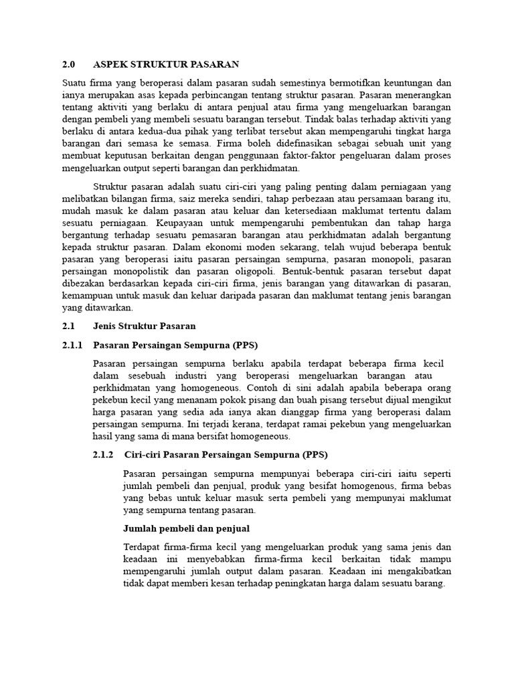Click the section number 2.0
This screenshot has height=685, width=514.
[68, 64]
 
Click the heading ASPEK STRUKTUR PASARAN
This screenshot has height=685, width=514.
[165, 64]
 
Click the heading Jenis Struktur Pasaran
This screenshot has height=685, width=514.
[144, 326]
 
